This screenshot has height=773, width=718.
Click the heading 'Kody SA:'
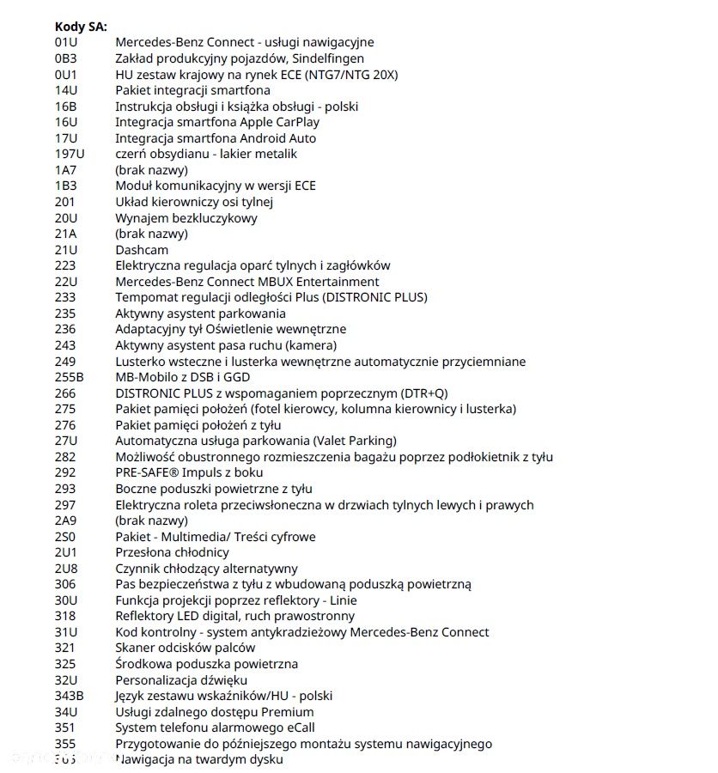point(81,27)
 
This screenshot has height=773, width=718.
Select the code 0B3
point(65,58)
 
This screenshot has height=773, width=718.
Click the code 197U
point(69,154)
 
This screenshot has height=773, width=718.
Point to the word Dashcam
point(142,250)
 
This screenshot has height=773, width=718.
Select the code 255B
point(69,377)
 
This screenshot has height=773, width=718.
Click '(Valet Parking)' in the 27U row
point(347,441)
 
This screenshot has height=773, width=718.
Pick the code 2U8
point(66,569)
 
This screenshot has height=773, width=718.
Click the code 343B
point(69,696)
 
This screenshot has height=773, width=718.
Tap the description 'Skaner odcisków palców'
point(185,648)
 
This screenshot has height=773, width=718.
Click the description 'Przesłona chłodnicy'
point(172,552)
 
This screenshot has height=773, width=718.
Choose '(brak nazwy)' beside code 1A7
point(151,170)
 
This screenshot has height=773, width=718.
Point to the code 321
point(64,648)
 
